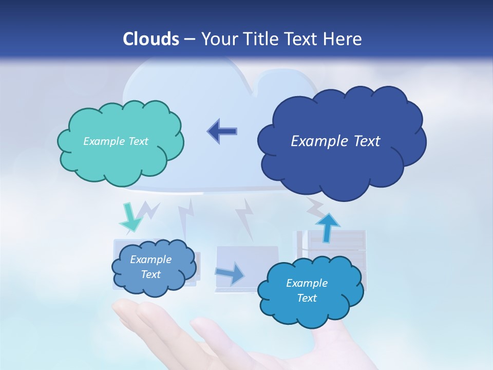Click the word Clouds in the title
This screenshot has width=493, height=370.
pyautogui.click(x=151, y=39)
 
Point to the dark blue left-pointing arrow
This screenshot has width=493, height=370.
pyautogui.click(x=222, y=131)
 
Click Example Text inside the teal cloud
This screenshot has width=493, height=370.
pyautogui.click(x=116, y=141)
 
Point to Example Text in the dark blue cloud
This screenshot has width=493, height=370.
pyautogui.click(x=335, y=141)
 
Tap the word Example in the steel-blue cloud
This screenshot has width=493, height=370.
pyautogui.click(x=150, y=260)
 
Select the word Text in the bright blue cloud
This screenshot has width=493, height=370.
pyautogui.click(x=307, y=298)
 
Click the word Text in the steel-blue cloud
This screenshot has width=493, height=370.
pyautogui.click(x=150, y=274)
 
